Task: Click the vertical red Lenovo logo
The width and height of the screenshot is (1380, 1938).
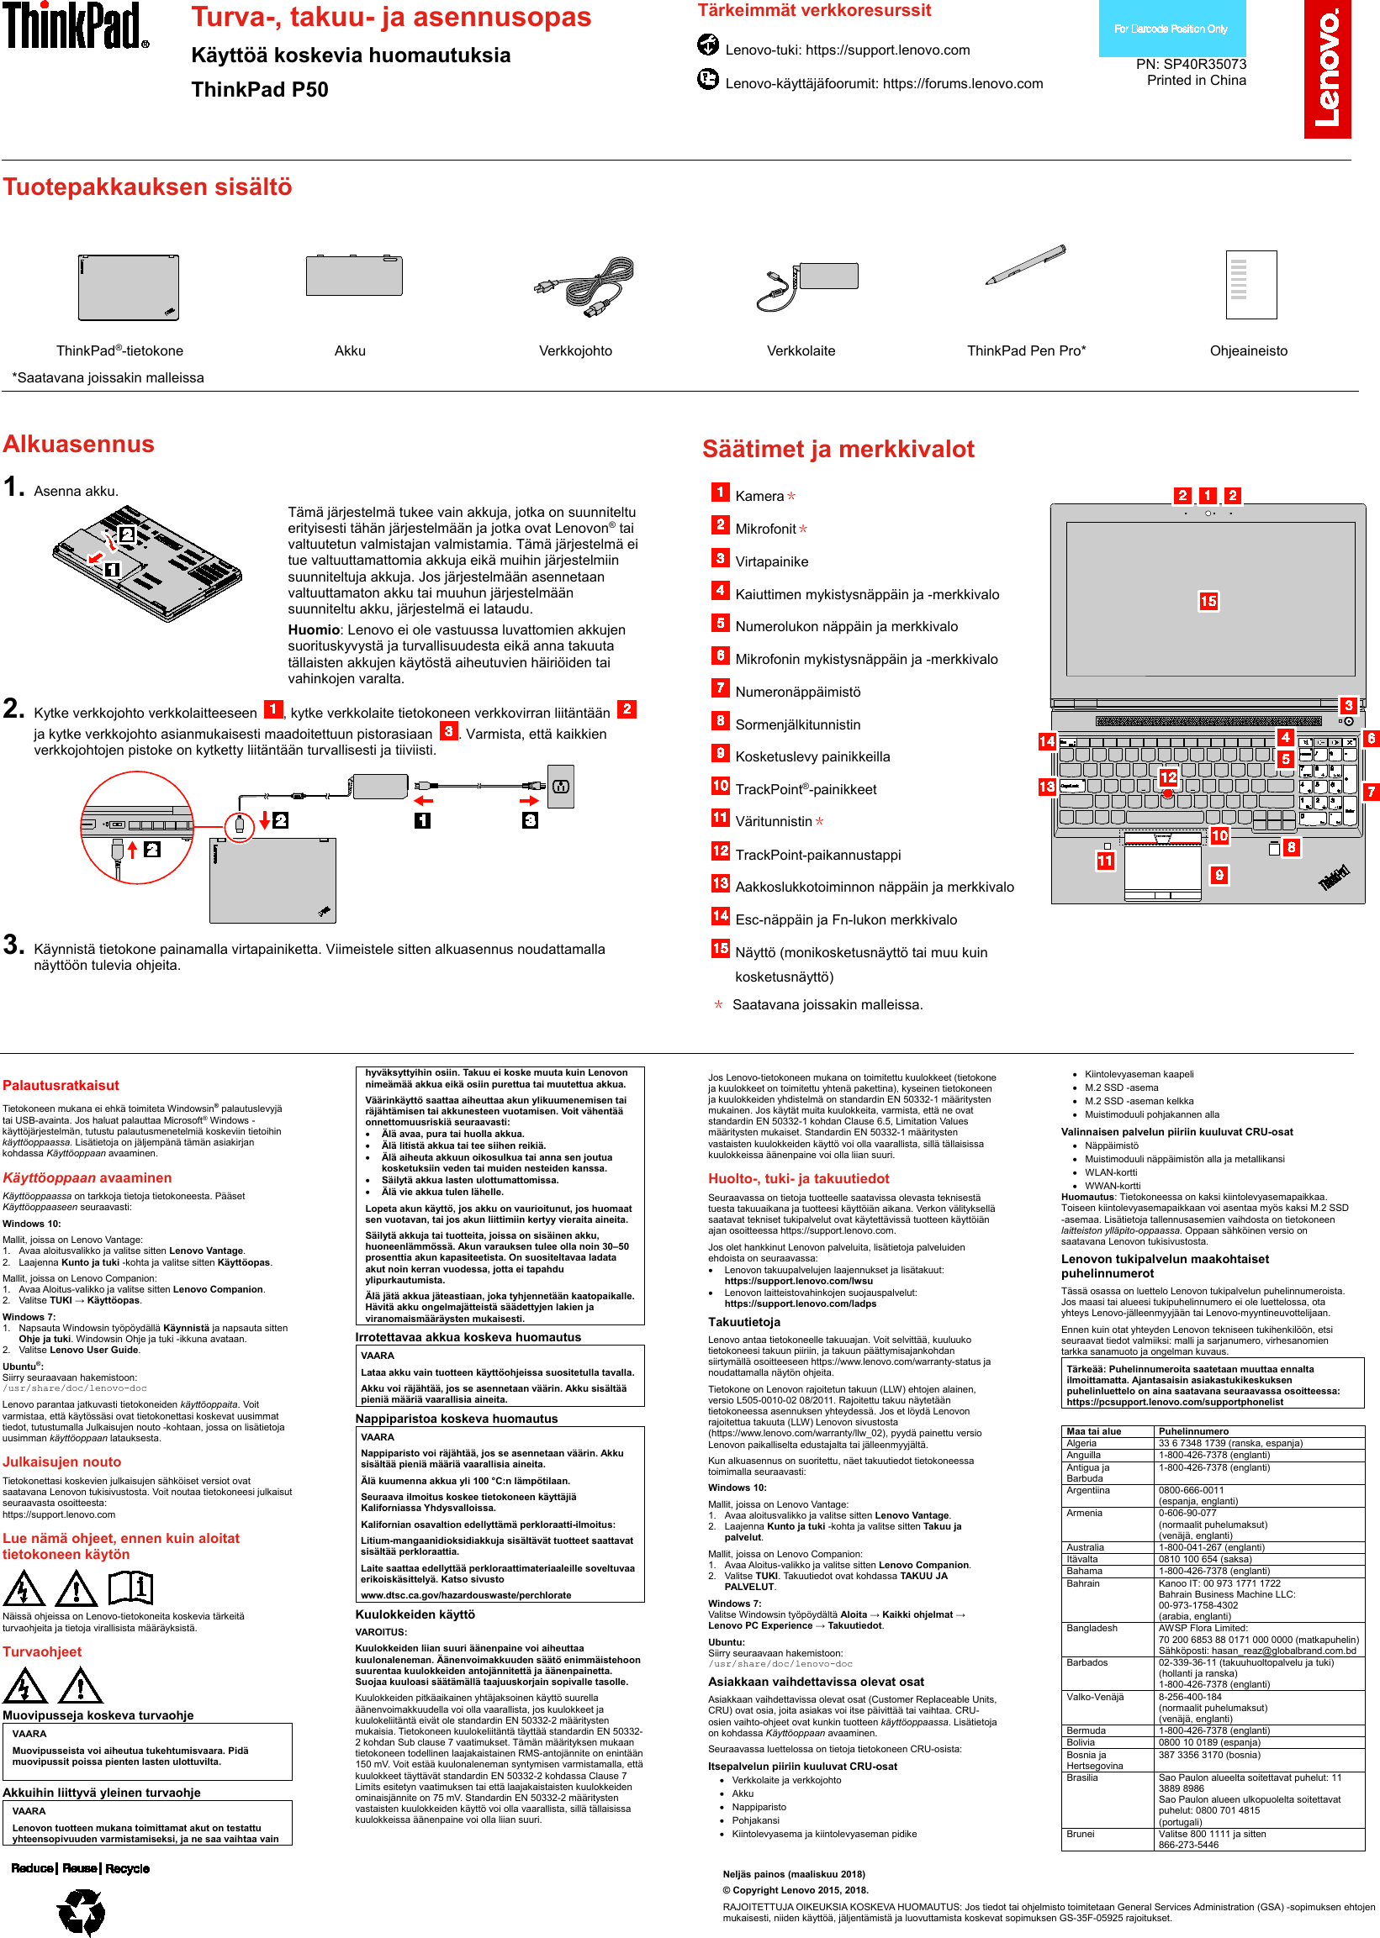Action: [x=1326, y=69]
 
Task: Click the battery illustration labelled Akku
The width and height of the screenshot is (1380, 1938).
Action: [x=353, y=275]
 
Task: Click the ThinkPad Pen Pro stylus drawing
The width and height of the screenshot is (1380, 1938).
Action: [x=1026, y=266]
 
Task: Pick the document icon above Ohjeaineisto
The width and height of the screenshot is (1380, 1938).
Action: [x=1250, y=285]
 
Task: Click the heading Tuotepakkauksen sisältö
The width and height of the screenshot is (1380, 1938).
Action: [x=148, y=187]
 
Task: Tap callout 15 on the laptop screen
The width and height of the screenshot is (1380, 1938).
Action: [x=1208, y=601]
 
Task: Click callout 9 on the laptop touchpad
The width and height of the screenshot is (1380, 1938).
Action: [x=1219, y=875]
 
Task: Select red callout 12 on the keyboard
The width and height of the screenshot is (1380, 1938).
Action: [x=1168, y=777]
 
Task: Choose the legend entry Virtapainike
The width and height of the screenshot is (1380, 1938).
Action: [x=772, y=561]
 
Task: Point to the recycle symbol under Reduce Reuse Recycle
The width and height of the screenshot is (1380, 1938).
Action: [x=82, y=1912]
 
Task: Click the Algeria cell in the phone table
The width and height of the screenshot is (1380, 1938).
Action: [x=1081, y=1443]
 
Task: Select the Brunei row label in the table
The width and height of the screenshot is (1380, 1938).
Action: [x=1081, y=1834]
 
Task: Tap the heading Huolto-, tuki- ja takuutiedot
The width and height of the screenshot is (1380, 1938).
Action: [x=798, y=1179]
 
